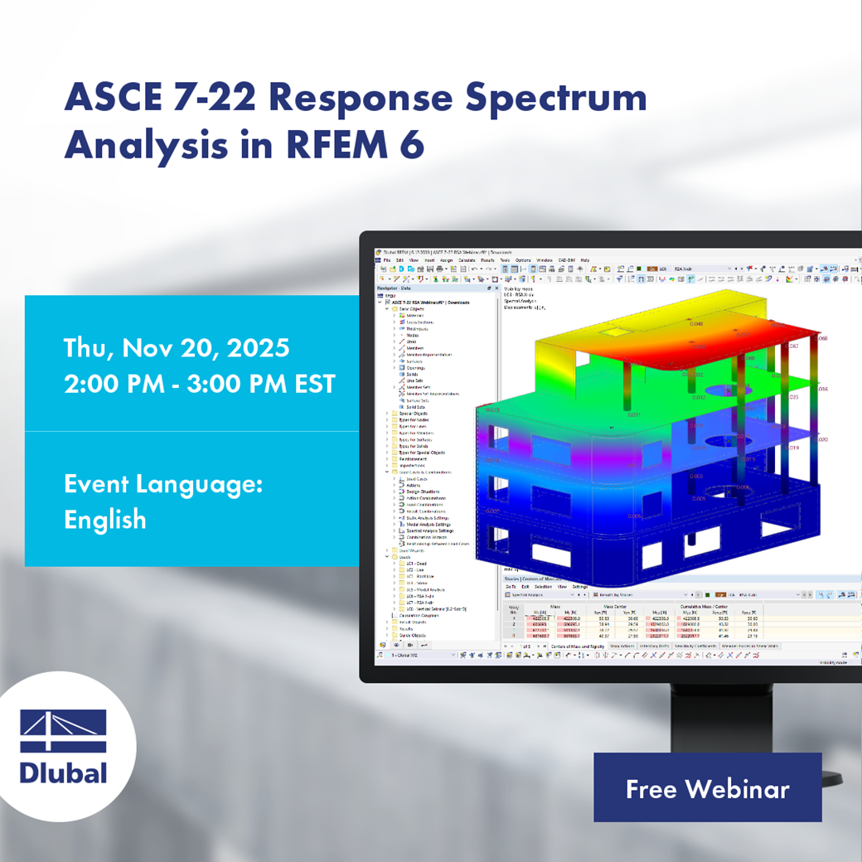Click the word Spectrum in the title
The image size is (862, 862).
pos(555,99)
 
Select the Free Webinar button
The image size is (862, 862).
pos(707,788)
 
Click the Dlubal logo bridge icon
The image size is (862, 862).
pos(64,731)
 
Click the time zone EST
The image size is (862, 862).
pos(310,384)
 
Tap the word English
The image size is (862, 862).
pos(105,520)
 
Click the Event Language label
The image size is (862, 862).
pos(163,483)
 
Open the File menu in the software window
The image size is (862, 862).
pos(386,260)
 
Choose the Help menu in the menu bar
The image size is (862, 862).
pos(584,260)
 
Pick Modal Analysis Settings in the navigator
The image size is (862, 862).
pos(429,525)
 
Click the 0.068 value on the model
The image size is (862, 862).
pos(822,338)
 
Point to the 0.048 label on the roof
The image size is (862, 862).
pos(696,324)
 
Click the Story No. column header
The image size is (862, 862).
pos(513,611)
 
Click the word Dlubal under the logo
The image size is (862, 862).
pos(64,772)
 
